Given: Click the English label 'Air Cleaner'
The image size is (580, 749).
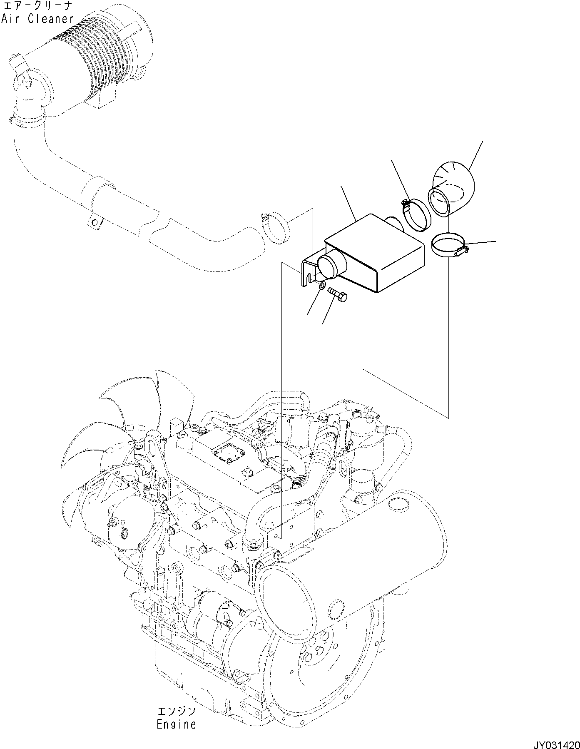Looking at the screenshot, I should pos(37,19).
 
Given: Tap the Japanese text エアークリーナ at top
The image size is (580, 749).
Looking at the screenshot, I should pos(37,6).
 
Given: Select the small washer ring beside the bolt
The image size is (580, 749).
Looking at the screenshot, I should pos(322,286).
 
